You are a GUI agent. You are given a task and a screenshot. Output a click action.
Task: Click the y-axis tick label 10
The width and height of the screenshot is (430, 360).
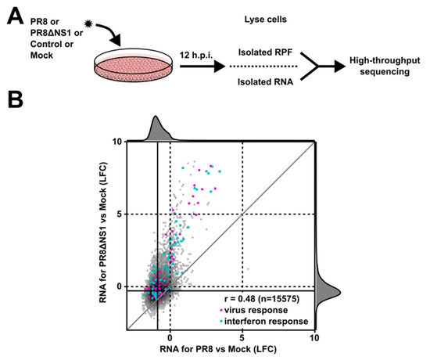[116, 142]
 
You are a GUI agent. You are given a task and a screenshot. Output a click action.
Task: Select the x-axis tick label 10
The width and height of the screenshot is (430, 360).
[314, 337]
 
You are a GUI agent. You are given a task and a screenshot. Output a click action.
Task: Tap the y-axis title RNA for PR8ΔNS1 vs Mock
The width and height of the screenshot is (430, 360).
[103, 235]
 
